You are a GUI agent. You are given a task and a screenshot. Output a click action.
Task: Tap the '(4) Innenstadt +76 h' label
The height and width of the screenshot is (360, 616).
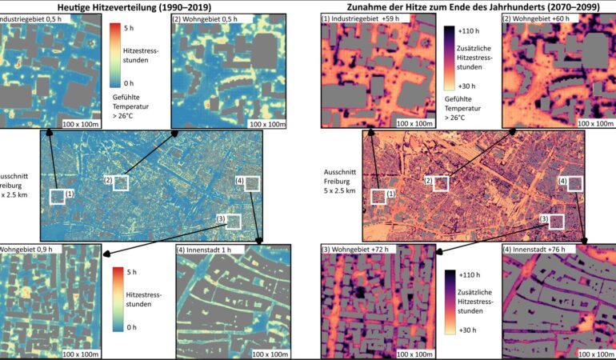click(542, 250)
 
